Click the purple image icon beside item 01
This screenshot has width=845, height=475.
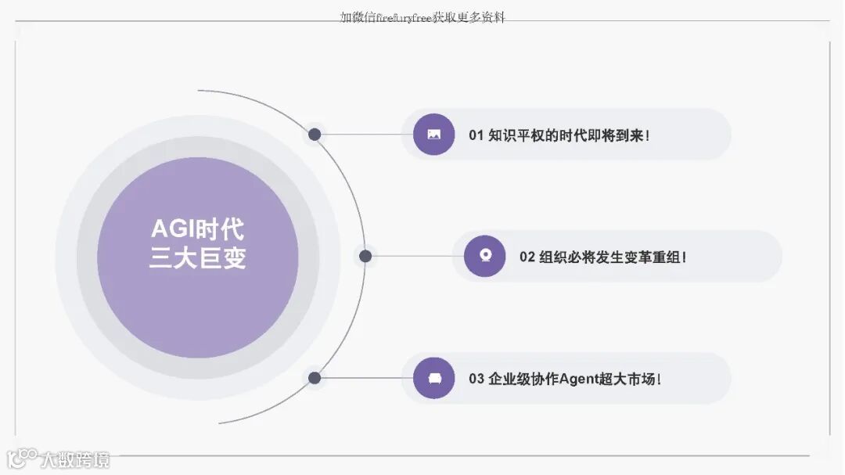pyautogui.click(x=433, y=135)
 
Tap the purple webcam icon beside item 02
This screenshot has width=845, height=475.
pyautogui.click(x=484, y=256)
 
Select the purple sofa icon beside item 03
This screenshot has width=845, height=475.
pyautogui.click(x=433, y=379)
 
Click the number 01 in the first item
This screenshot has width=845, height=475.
pyautogui.click(x=476, y=135)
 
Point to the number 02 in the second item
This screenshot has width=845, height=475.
pyautogui.click(x=527, y=257)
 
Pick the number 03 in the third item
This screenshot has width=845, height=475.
pyautogui.click(x=476, y=380)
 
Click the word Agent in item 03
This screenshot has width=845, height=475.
pyautogui.click(x=583, y=380)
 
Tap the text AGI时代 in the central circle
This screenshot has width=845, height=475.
pyautogui.click(x=197, y=230)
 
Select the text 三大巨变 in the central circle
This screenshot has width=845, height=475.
pyautogui.click(x=197, y=258)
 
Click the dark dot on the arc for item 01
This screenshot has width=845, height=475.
pyautogui.click(x=315, y=135)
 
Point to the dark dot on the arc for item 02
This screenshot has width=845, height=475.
pyautogui.click(x=365, y=256)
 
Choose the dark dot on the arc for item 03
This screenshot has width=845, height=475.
pyautogui.click(x=315, y=379)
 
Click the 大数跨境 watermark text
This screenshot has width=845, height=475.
pyautogui.click(x=76, y=459)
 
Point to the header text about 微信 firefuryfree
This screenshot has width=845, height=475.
pyautogui.click(x=422, y=17)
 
